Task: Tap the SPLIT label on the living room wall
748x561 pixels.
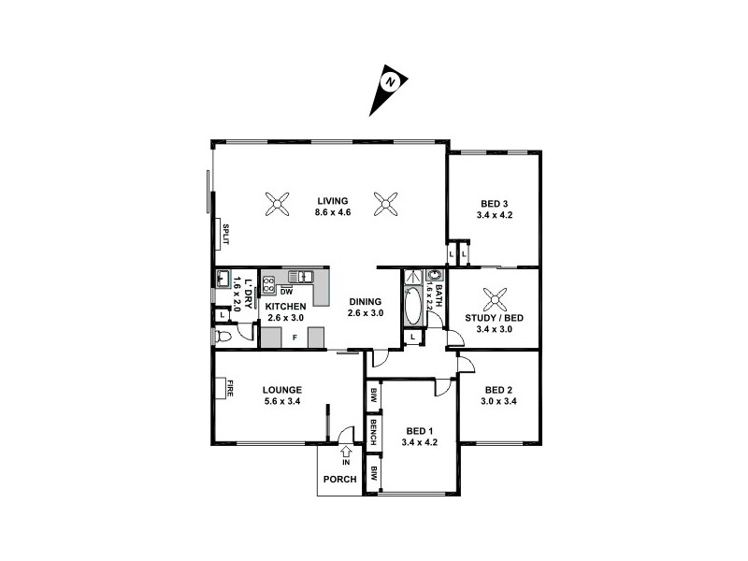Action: click(225, 233)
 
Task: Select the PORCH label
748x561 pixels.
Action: click(339, 480)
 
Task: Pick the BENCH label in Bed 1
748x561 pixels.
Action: click(373, 432)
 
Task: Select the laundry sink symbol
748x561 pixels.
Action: click(223, 278)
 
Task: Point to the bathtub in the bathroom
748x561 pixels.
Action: click(413, 308)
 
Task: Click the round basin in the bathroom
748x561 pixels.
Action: click(434, 276)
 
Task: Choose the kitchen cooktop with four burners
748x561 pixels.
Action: click(270, 284)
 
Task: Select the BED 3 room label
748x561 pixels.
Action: click(494, 204)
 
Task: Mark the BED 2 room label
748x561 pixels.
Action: click(499, 390)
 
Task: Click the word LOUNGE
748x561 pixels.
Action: click(280, 390)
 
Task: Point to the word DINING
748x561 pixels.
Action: click(365, 301)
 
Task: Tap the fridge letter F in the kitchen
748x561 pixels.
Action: click(295, 336)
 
